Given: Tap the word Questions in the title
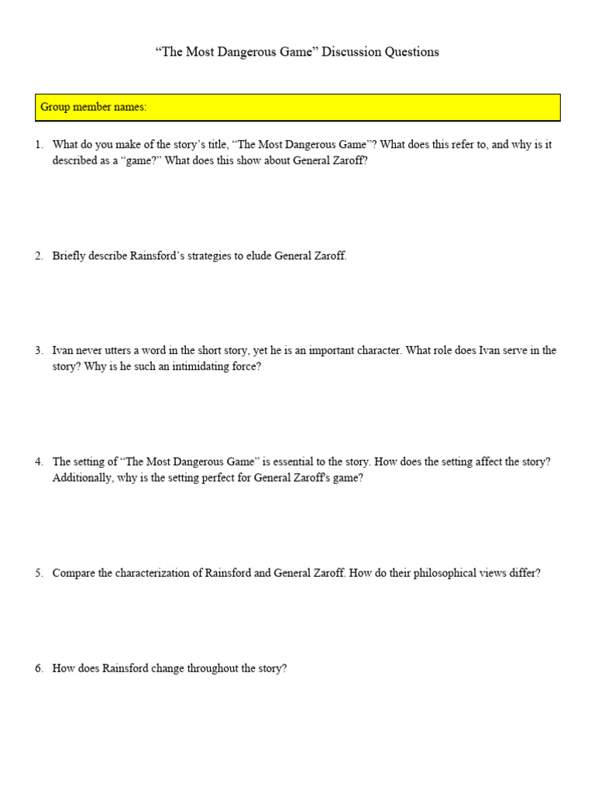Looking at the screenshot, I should pos(409,52).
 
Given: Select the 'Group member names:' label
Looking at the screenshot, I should pos(93,107).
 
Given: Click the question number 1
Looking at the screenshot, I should pos(39,145).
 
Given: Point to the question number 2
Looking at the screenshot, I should pos(39,256).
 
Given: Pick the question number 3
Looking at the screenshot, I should pos(39,351).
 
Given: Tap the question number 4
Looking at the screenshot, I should pos(39,462).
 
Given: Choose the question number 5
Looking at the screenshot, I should pos(39,574).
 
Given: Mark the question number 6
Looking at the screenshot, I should pos(39,668).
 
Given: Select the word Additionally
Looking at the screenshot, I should pos(83,479).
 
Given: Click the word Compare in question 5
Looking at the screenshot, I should pos(74,574).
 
